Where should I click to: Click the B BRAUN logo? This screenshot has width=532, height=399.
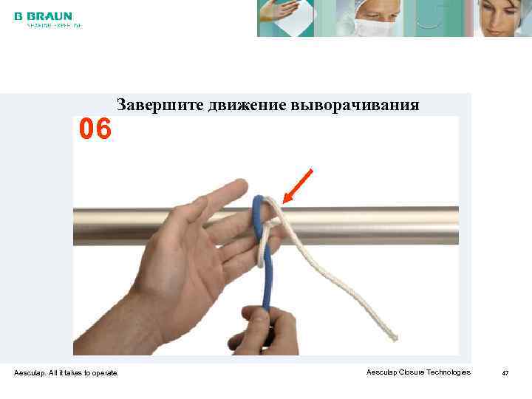click(x=43, y=16)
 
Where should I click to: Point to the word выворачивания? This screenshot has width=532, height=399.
click(x=355, y=105)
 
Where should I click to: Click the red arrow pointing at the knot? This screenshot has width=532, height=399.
click(x=298, y=185)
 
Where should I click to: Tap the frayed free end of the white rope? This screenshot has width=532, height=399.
click(x=393, y=337)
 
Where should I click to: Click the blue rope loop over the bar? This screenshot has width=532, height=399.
click(x=257, y=214)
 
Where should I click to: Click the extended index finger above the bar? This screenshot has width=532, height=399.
click(x=222, y=193)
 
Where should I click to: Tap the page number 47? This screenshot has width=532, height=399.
click(x=505, y=373)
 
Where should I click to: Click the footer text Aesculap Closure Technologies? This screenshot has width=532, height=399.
click(x=417, y=372)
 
